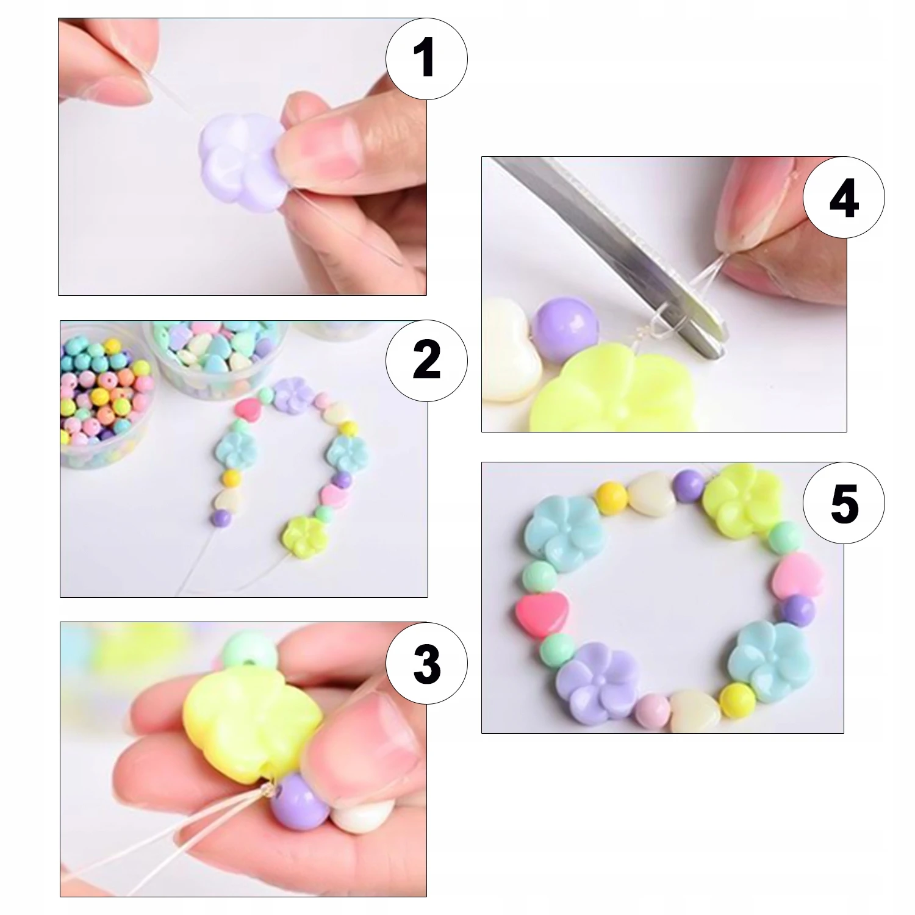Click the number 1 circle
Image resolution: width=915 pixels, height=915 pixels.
click(426, 59)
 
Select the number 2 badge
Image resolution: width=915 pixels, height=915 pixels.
click(426, 359)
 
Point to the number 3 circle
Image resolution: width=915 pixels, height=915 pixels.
click(426, 664)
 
